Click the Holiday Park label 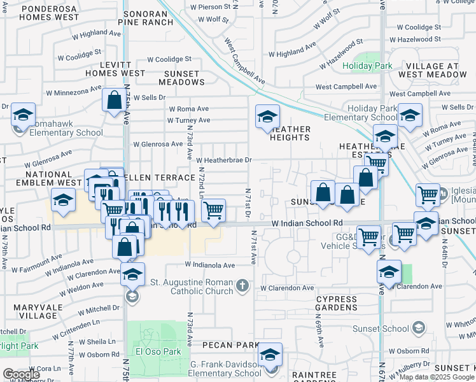[x=367, y=66]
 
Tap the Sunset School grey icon [x=418, y=328]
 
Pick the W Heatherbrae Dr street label [x=224, y=160]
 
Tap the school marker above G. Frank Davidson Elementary [x=270, y=354]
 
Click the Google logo [x=21, y=374]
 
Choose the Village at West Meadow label [x=433, y=70]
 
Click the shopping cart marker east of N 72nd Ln [x=214, y=209]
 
